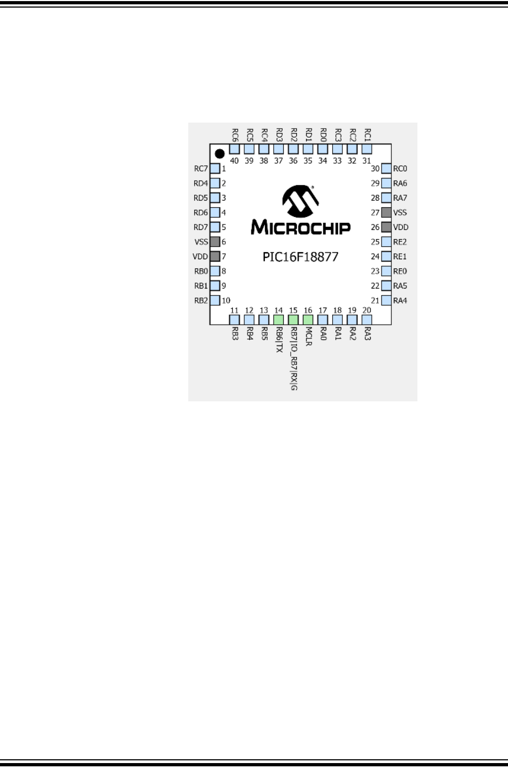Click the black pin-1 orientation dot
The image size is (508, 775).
(220, 154)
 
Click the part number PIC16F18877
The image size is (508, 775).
(300, 257)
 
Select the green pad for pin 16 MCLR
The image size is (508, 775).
(308, 320)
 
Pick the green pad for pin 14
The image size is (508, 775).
(278, 320)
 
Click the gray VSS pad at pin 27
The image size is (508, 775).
(386, 213)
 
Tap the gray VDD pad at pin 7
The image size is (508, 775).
(215, 257)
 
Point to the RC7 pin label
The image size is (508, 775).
(201, 169)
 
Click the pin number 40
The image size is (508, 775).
(234, 161)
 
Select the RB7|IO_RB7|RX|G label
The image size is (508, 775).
(294, 358)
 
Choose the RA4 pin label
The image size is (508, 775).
(400, 300)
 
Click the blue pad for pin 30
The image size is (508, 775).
(386, 169)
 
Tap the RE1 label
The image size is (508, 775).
(400, 257)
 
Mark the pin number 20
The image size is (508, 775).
(367, 311)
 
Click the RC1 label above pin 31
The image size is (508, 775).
(367, 134)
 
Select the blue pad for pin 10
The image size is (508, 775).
(215, 300)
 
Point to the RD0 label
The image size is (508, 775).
(323, 134)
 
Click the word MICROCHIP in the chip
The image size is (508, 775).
(300, 227)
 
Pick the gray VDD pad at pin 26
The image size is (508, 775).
(386, 227)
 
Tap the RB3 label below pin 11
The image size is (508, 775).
(235, 333)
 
